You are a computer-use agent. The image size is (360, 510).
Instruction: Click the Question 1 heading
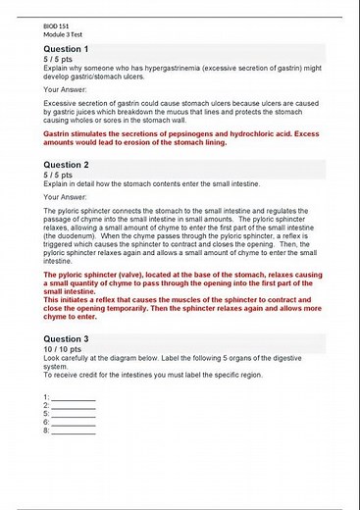(x=67, y=49)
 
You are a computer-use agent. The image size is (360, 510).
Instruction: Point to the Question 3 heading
(x=67, y=338)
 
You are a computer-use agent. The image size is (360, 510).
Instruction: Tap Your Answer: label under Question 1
(x=66, y=89)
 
